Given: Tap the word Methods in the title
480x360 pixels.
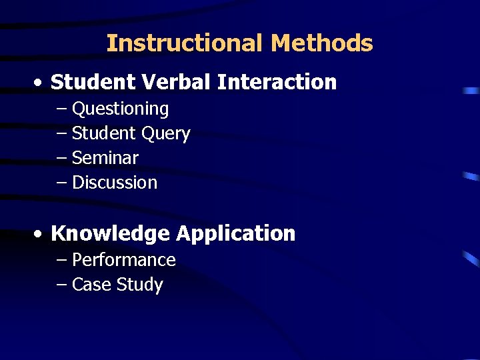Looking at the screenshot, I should [x=322, y=43].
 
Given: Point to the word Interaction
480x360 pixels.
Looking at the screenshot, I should [x=277, y=82].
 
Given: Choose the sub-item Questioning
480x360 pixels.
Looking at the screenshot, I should [x=120, y=109].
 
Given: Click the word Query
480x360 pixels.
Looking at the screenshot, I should [x=166, y=133].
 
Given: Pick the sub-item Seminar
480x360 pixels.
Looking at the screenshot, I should [x=105, y=158].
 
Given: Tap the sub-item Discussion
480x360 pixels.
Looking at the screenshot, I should [x=114, y=183].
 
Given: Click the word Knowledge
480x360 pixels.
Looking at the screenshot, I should [x=110, y=233].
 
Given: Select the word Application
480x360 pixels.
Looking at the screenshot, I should [x=235, y=233].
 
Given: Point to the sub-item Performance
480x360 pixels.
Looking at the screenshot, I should [x=123, y=259].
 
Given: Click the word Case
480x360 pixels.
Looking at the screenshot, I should [x=91, y=285].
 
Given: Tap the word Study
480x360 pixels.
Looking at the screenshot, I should [x=139, y=285].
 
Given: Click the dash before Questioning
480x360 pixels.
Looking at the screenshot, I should [x=62, y=109].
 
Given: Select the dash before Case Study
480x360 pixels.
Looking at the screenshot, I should [x=62, y=285].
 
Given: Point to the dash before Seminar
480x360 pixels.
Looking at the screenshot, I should [x=62, y=158].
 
